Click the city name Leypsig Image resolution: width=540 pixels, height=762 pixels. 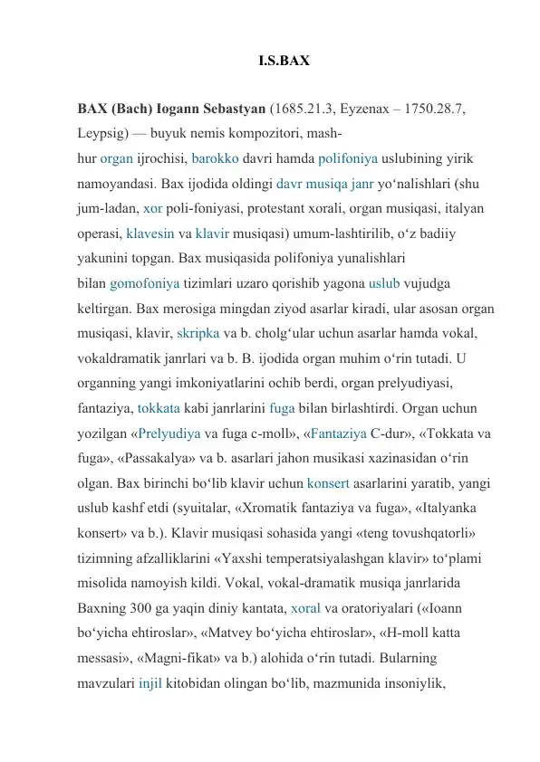[x=106, y=133]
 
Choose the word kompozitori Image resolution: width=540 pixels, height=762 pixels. [x=267, y=133]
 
